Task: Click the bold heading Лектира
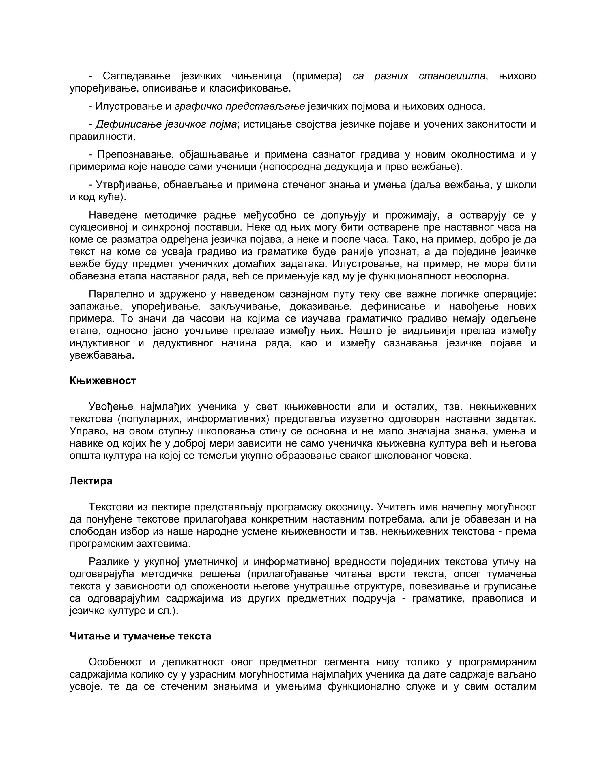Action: click(91, 481)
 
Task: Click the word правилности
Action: click(102, 137)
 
